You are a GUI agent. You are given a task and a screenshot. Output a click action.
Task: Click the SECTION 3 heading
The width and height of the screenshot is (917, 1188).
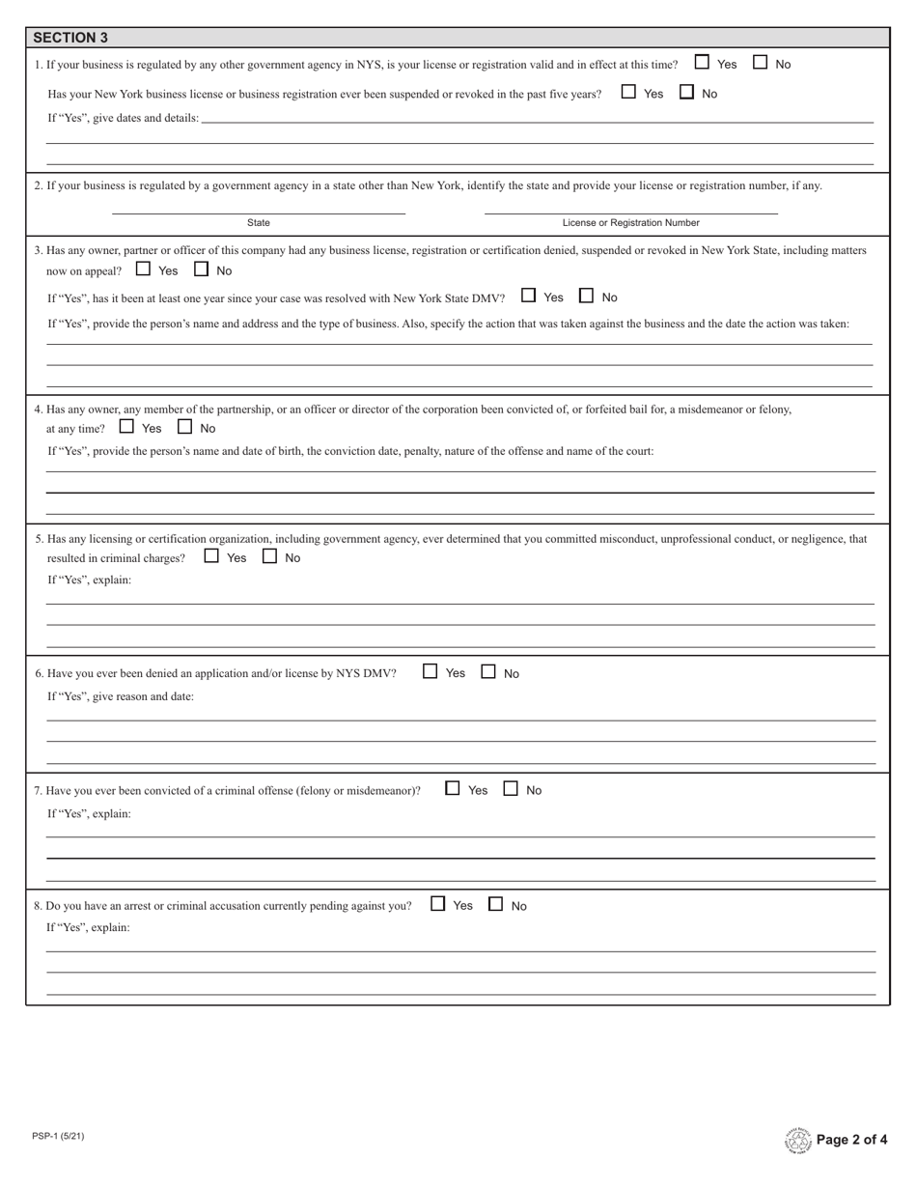[x=70, y=38]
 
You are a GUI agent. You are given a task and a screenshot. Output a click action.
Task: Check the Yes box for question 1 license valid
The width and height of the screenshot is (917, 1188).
[x=703, y=63]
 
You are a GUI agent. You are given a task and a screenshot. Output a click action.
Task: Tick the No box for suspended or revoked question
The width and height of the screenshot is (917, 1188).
[x=687, y=93]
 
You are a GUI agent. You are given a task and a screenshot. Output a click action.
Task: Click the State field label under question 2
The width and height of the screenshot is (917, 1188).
[x=259, y=223]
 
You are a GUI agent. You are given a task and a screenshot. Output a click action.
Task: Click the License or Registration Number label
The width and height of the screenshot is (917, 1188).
[x=630, y=223]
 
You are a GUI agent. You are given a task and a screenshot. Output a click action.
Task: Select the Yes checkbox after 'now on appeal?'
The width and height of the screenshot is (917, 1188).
[x=144, y=269]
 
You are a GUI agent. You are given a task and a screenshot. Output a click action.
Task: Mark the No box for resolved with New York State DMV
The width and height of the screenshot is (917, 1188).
[x=586, y=297]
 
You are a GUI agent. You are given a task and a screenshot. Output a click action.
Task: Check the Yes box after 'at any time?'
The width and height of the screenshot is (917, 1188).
[x=126, y=427]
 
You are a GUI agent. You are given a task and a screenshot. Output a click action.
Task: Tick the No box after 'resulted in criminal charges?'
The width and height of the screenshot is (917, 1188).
[x=270, y=556]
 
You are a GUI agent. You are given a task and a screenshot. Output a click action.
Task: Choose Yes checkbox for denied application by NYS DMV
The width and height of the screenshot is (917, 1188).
[x=431, y=671]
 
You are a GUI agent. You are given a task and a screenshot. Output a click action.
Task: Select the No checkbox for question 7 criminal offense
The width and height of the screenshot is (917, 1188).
[x=511, y=788]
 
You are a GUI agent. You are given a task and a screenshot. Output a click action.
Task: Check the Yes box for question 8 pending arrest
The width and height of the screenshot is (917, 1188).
[x=438, y=904]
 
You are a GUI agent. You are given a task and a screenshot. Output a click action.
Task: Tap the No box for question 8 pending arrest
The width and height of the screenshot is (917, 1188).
[x=496, y=904]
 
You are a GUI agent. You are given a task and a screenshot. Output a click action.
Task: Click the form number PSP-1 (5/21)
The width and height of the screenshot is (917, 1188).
[x=58, y=1136]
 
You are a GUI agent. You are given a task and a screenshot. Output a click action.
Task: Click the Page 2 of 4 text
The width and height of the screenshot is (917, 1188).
[x=851, y=1140]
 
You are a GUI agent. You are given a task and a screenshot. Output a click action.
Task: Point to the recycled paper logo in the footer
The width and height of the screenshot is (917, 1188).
[x=798, y=1141]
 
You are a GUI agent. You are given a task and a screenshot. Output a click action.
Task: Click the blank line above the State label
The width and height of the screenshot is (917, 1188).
[x=259, y=212]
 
